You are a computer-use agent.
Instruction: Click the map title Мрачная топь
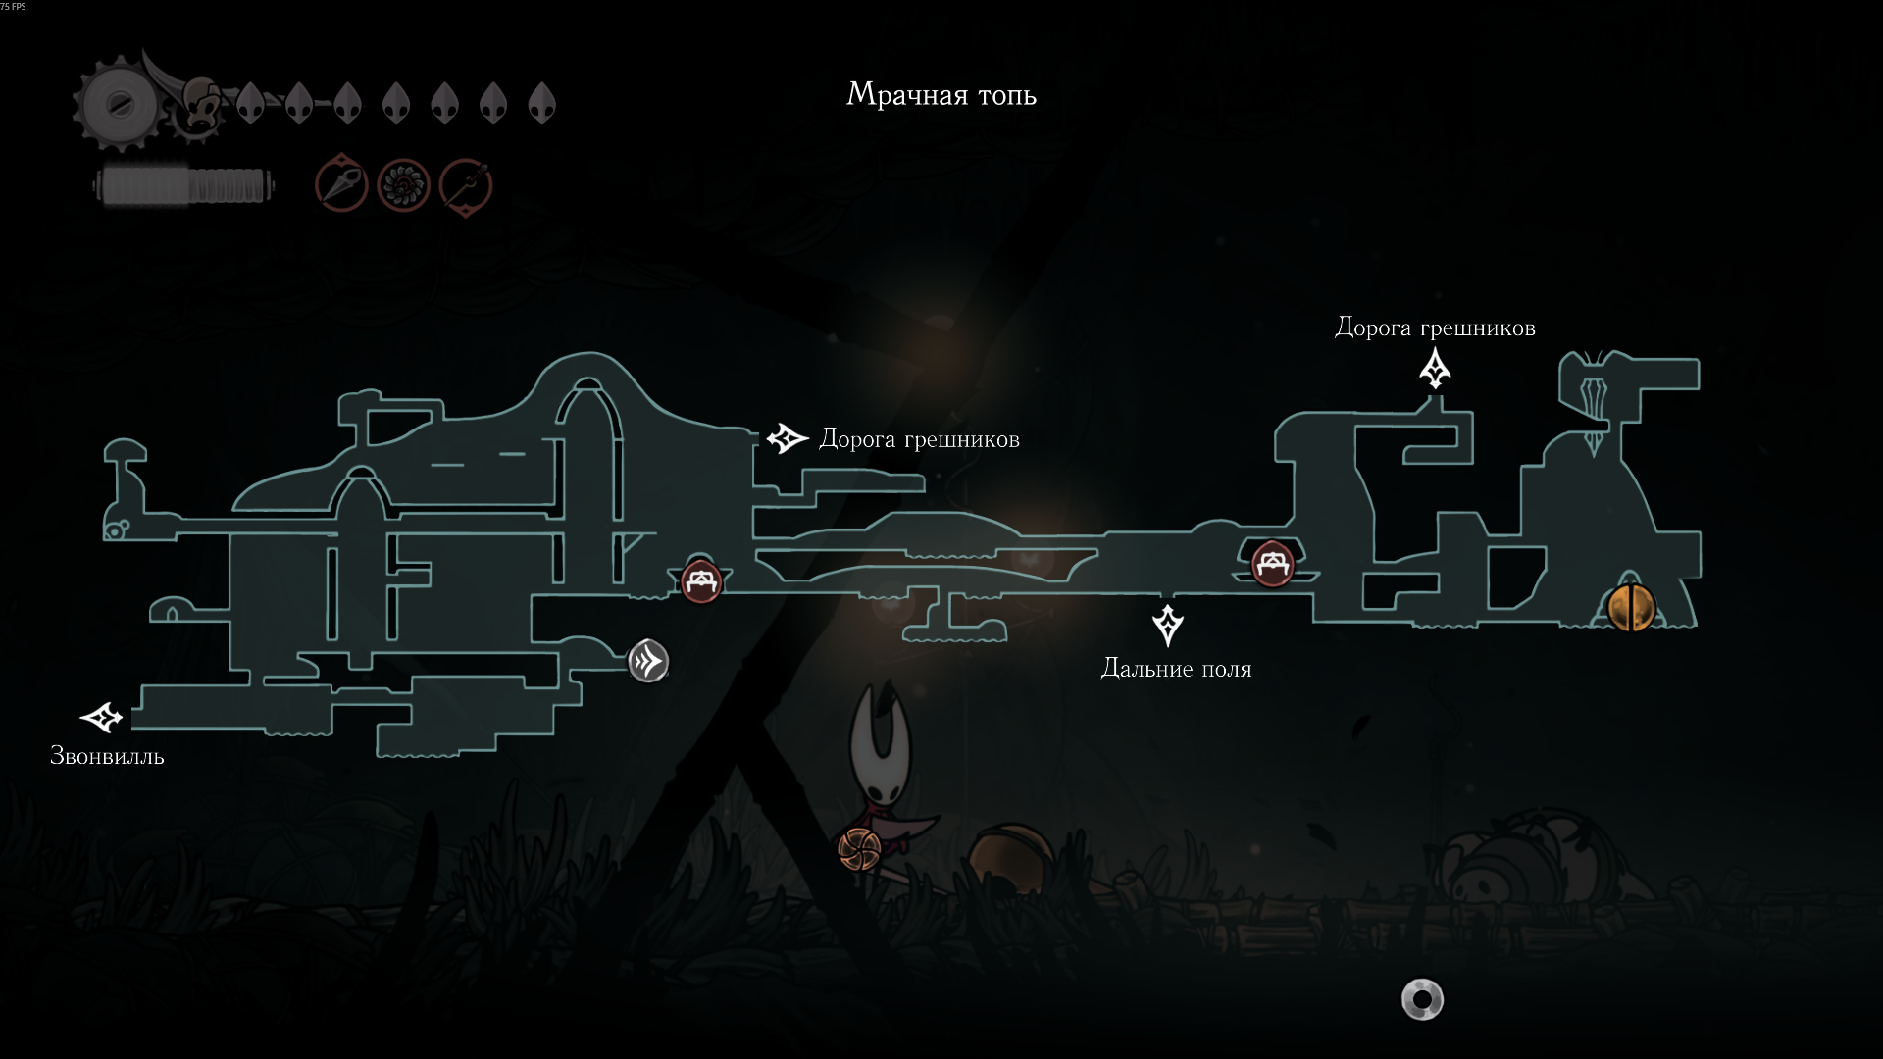[x=941, y=95]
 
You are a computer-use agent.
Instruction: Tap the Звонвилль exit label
[x=107, y=756]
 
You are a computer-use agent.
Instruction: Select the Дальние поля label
[x=1176, y=669]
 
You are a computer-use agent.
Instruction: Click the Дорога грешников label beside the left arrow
[x=919, y=440]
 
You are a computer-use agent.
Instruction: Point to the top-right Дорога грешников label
[x=1435, y=328]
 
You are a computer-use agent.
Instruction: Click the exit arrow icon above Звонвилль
[x=102, y=718]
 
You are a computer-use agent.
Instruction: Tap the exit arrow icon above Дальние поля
[x=1167, y=625]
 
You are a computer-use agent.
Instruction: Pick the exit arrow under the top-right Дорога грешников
[x=1435, y=369]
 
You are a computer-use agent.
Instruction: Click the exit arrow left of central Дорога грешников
[x=787, y=438]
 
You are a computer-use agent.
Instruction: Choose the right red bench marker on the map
[x=1272, y=564]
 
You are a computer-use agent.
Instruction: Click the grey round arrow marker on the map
[x=648, y=662]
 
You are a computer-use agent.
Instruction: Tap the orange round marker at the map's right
[x=1630, y=608]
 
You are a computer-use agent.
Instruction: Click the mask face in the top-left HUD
[x=202, y=104]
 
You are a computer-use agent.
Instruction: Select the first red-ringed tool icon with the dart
[x=341, y=183]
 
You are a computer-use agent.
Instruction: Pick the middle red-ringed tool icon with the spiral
[x=403, y=184]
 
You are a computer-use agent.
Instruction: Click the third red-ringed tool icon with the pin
[x=465, y=186]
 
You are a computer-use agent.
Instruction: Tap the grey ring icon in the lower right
[x=1422, y=1000]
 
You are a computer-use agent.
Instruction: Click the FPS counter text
[x=14, y=7]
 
